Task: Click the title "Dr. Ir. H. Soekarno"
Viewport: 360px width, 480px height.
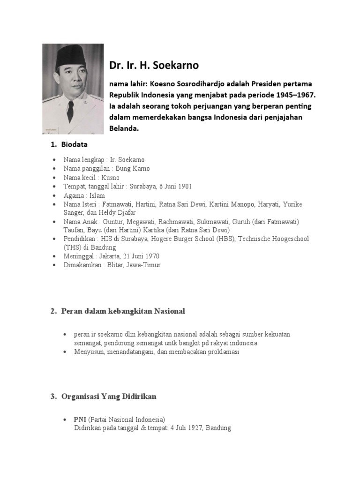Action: [154, 65]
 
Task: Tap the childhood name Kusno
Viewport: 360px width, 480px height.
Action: [111, 178]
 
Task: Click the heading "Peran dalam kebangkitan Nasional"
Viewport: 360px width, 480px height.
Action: [123, 311]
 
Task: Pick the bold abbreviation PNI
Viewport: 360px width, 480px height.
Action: [80, 420]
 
